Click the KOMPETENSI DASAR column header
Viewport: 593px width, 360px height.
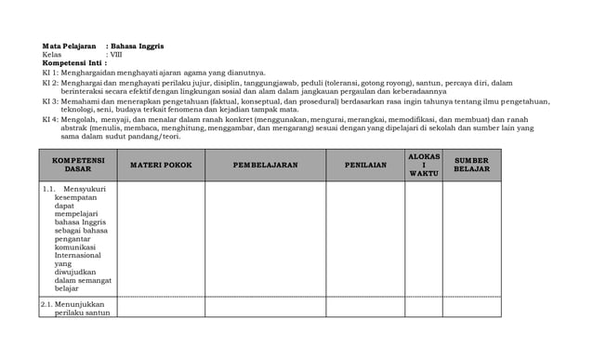[78, 165]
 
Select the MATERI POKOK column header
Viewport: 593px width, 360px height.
[161, 165]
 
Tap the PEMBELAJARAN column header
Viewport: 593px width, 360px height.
[265, 165]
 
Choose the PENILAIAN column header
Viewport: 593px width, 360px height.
[365, 165]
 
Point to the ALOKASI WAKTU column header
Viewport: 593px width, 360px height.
[424, 165]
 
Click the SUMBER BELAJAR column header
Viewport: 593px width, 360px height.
[471, 165]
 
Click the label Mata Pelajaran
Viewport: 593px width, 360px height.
[69, 46]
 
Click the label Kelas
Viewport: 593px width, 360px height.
[52, 54]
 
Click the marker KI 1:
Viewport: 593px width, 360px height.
[51, 72]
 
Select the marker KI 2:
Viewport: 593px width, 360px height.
[51, 82]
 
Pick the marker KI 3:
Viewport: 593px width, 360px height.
[51, 100]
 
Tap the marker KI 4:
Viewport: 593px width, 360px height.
[51, 119]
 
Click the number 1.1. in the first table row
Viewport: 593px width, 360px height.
[48, 189]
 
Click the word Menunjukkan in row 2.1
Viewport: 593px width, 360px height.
[79, 303]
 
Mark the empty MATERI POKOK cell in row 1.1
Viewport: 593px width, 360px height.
[161, 238]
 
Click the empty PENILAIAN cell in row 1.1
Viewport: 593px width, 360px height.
[365, 238]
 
